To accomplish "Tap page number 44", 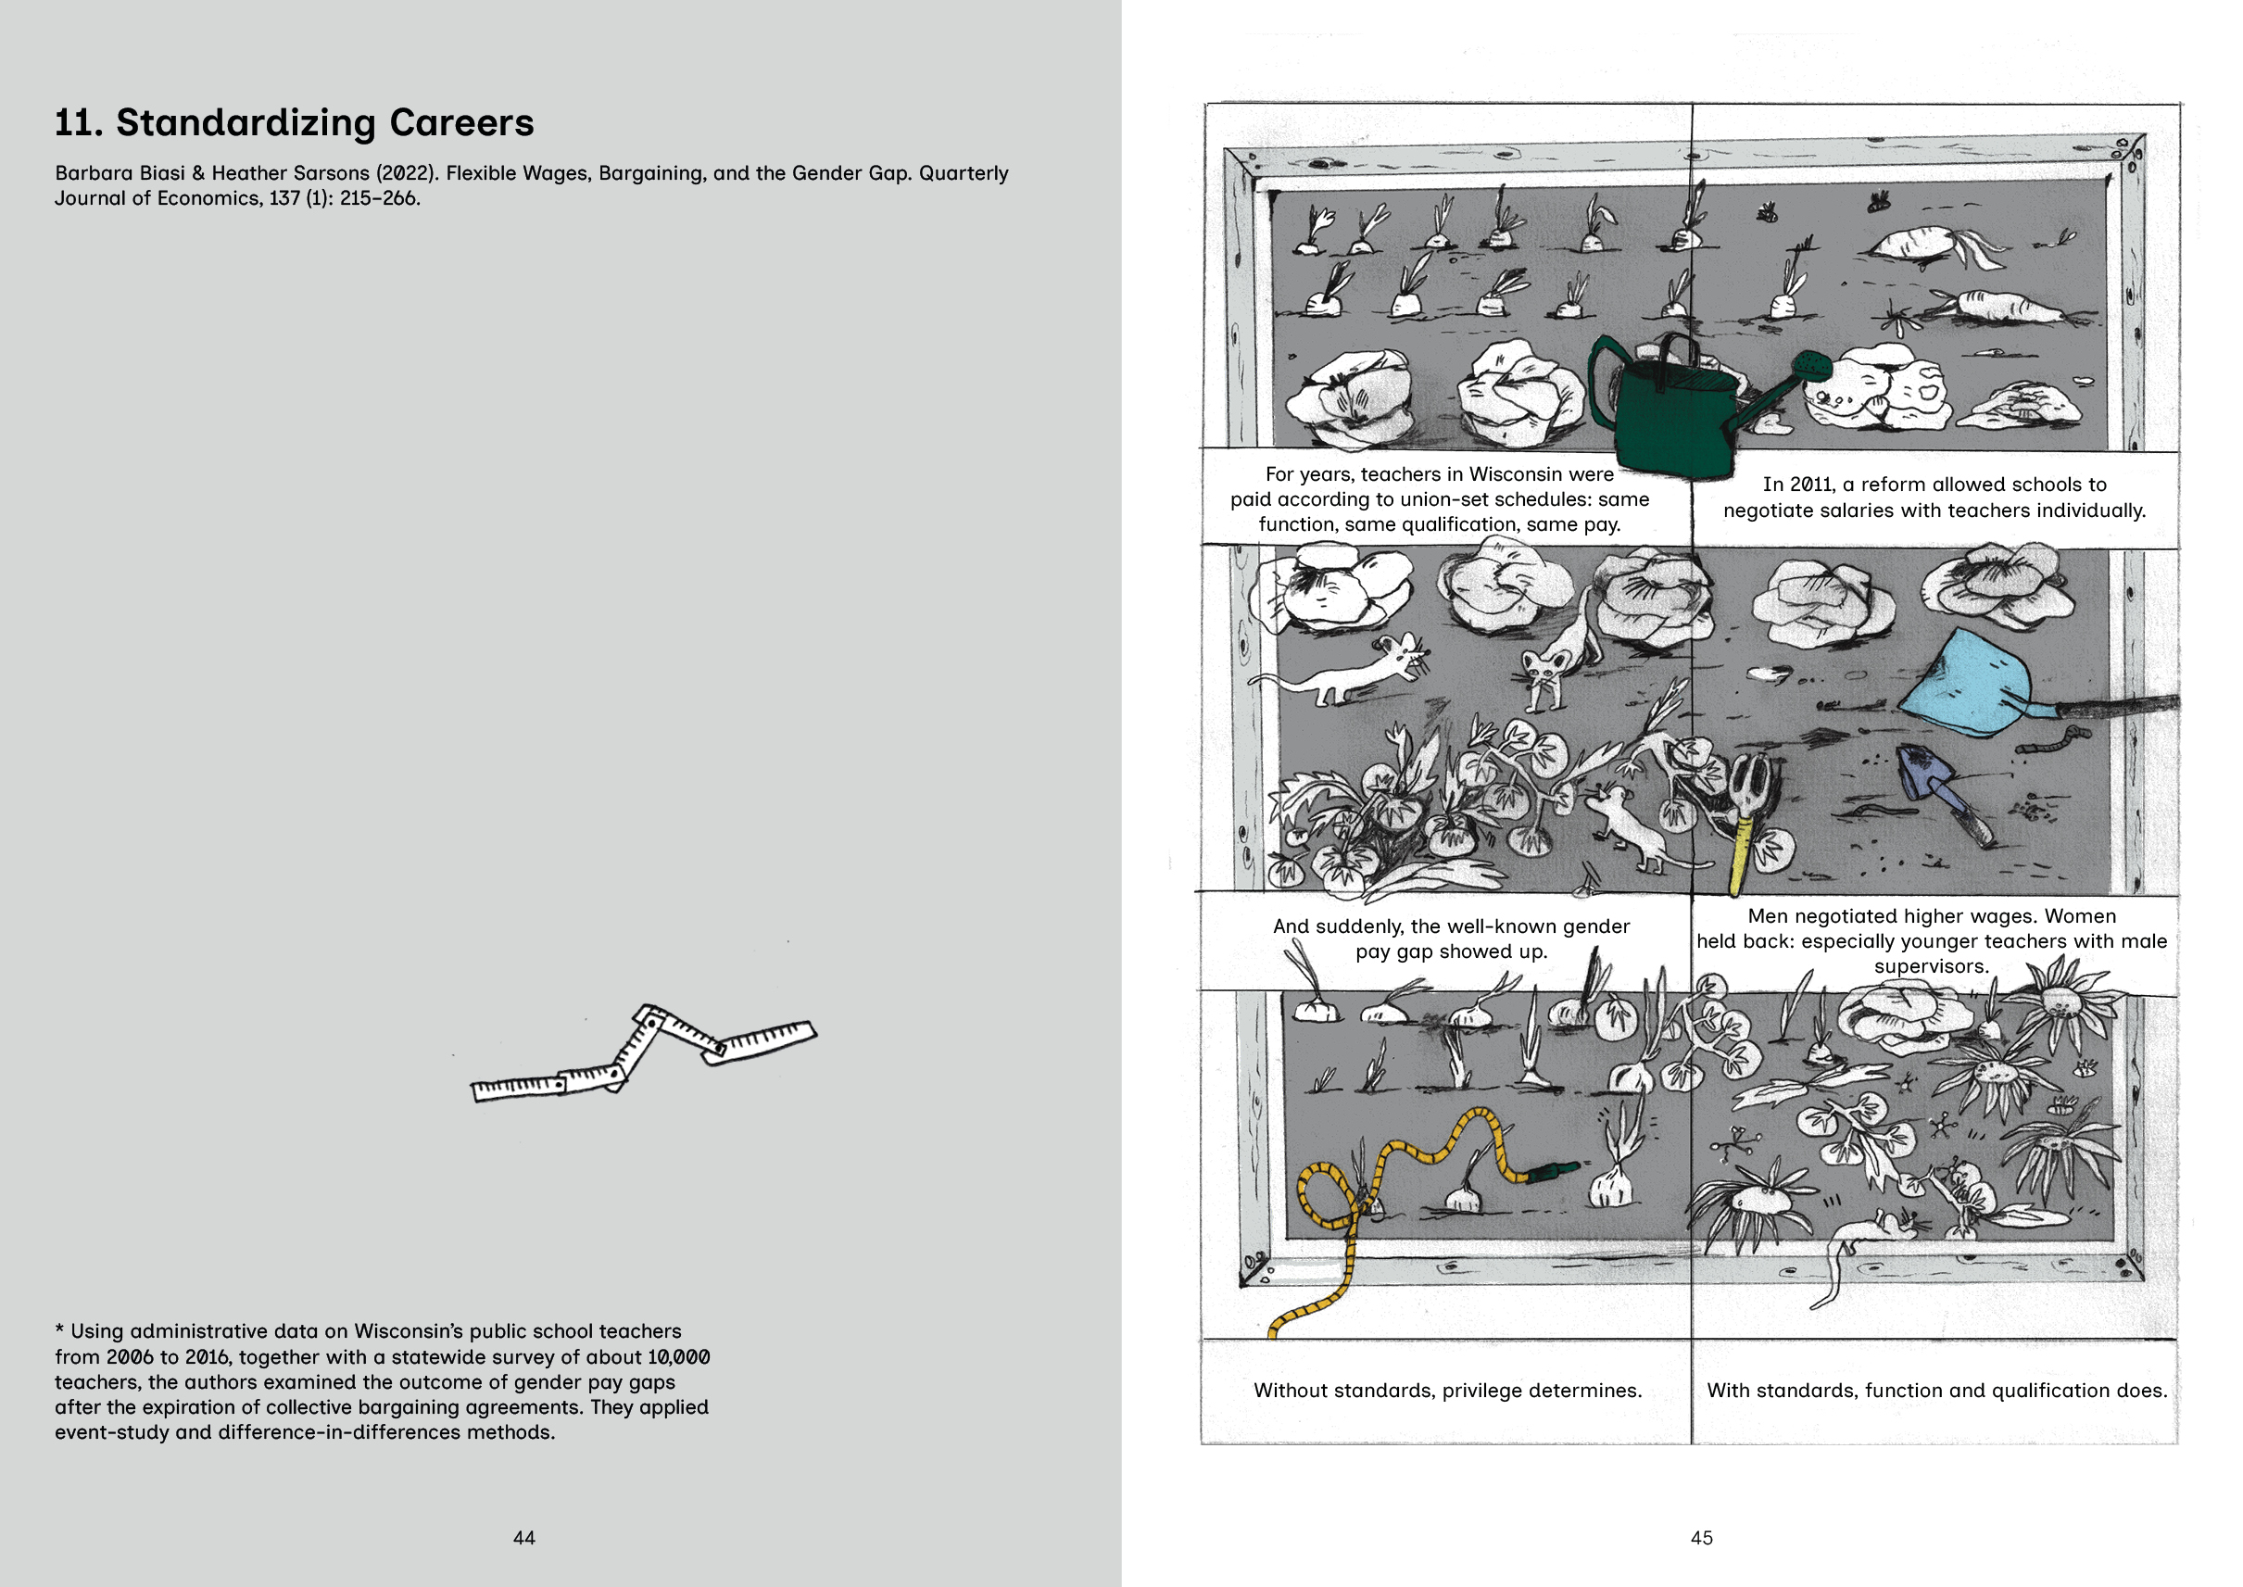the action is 523,1537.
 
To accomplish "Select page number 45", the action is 1702,1537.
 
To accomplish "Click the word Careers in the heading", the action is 461,123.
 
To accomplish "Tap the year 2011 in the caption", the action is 1812,485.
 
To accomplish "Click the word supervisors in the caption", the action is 1930,966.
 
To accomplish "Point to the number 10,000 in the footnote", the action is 678,1357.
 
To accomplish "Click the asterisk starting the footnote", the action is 59,1330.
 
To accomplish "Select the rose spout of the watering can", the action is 1812,367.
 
